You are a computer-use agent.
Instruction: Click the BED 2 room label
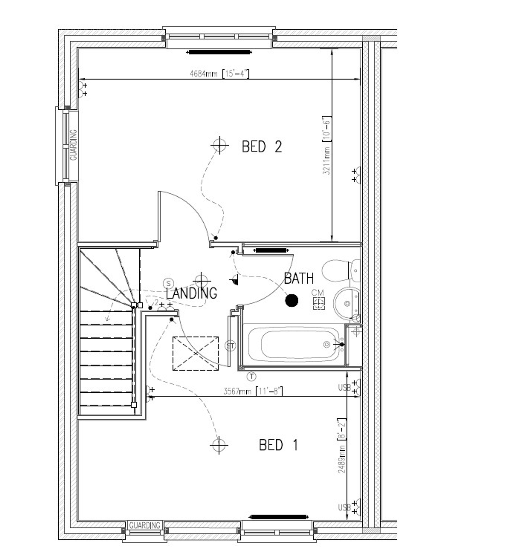[262, 147]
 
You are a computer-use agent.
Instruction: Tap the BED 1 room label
[278, 445]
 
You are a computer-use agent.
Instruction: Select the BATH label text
[299, 279]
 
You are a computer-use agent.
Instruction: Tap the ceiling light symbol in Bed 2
[220, 145]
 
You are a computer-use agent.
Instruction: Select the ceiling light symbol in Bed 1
[219, 445]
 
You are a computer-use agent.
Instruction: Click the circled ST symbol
[230, 346]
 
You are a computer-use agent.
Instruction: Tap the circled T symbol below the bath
[251, 376]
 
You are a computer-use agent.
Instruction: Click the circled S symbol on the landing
[168, 283]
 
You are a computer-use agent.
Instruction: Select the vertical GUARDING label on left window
[74, 145]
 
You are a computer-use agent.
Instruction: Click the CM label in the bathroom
[318, 293]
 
